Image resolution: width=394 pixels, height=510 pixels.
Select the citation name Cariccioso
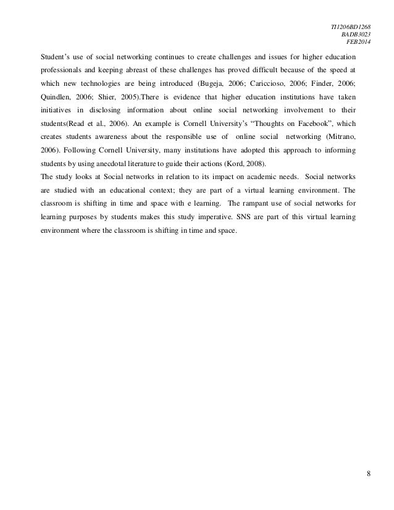[x=295, y=83]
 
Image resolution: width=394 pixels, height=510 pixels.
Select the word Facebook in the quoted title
[x=316, y=131]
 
